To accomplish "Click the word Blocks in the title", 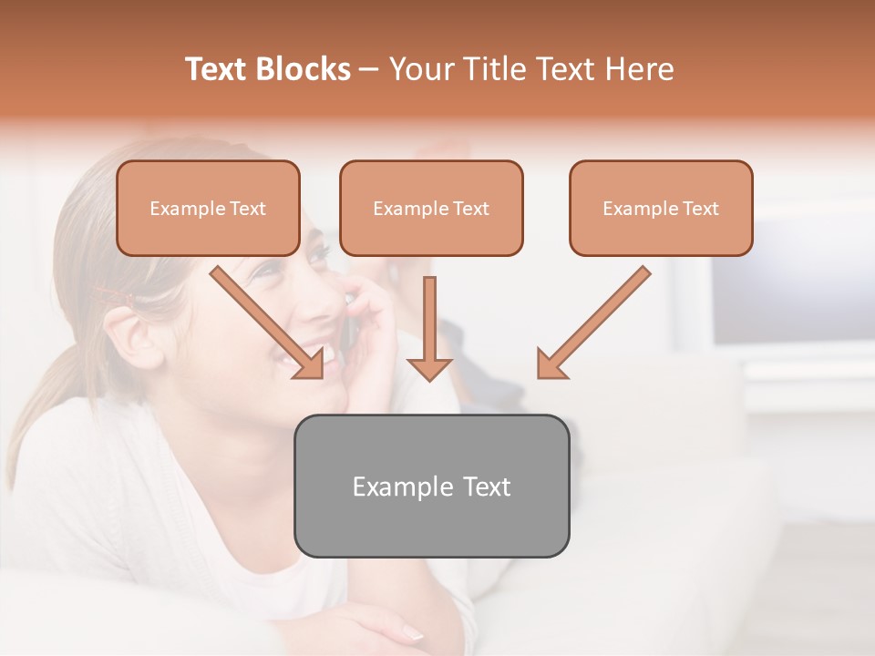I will [305, 69].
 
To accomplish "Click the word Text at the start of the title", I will [219, 69].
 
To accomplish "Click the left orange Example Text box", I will [208, 208].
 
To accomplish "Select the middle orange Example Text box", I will [431, 208].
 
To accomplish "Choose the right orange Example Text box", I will [661, 208].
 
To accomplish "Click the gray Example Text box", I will [431, 486].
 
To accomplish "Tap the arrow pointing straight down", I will [429, 328].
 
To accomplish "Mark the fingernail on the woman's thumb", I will [412, 632].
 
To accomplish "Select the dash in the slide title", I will [369, 69].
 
